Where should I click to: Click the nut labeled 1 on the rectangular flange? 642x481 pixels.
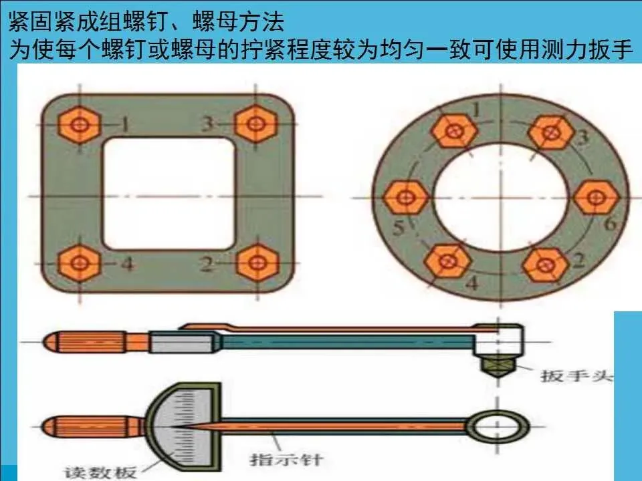point(80,125)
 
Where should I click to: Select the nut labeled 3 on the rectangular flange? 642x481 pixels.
point(253,124)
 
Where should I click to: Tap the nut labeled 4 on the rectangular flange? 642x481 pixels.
point(80,263)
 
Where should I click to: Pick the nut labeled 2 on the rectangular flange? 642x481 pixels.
point(253,263)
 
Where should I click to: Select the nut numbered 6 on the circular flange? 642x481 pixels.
point(593,198)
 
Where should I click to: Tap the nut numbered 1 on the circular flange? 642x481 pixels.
point(453,131)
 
